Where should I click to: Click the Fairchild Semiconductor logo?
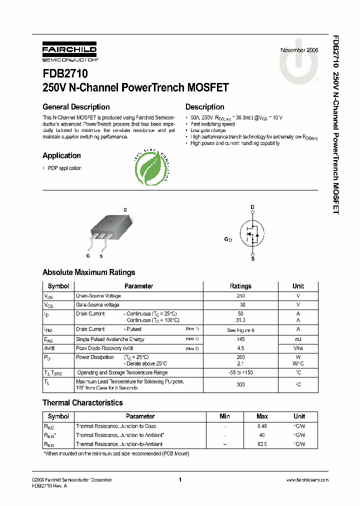(69, 52)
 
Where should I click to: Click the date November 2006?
(298, 50)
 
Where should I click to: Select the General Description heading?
(76, 107)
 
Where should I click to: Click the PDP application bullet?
(64, 168)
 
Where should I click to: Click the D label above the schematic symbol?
(252, 207)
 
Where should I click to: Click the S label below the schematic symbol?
(252, 258)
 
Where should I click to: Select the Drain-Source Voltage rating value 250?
(240, 296)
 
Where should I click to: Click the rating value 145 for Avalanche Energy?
(240, 339)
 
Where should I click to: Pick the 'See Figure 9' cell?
(240, 330)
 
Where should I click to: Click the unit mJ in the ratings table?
(298, 339)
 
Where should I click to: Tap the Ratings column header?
(240, 286)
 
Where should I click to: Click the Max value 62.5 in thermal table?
(262, 444)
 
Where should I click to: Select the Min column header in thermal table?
(225, 416)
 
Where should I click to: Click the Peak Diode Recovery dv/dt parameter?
(104, 348)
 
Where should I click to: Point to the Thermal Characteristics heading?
(82, 403)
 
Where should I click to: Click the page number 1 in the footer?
(179, 480)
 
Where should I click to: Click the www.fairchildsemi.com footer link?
(307, 480)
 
